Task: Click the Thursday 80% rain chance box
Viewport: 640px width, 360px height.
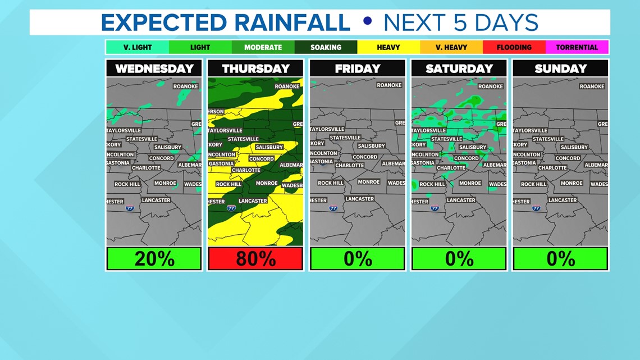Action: [255, 259]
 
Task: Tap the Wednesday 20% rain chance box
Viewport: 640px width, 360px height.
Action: [154, 259]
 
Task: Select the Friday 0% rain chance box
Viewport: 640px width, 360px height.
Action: [357, 259]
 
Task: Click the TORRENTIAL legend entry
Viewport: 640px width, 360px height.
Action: [577, 47]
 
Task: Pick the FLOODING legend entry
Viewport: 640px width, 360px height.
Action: [514, 47]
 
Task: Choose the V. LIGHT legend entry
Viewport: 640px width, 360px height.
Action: [138, 47]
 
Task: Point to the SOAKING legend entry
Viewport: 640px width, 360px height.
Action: [326, 47]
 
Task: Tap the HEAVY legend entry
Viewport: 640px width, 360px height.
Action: [388, 47]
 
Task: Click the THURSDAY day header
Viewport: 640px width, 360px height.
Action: [255, 69]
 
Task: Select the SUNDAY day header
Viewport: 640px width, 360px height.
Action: [560, 69]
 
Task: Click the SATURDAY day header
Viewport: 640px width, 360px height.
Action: [459, 69]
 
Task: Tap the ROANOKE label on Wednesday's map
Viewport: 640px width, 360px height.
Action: [185, 86]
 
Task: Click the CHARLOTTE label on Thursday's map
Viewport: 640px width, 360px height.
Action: [246, 170]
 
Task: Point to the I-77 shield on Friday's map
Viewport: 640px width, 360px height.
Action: [333, 208]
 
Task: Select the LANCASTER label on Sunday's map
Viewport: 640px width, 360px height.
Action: [563, 200]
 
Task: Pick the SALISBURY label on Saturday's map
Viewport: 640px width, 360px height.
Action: [473, 147]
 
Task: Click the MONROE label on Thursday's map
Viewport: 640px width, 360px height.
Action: [267, 183]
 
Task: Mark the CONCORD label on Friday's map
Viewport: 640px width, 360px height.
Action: [365, 157]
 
